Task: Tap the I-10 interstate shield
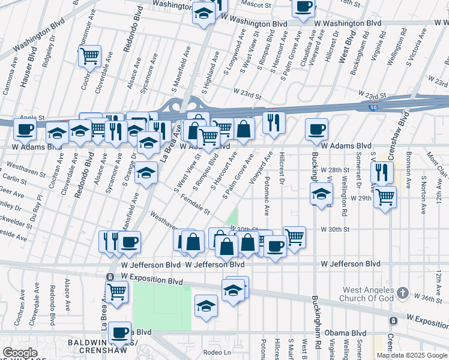(373, 107)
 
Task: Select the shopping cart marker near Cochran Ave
(89, 56)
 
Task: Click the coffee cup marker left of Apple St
(25, 128)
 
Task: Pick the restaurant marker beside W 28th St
(382, 172)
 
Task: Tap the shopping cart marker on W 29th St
(385, 196)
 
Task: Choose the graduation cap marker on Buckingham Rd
(321, 194)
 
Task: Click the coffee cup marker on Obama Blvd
(121, 331)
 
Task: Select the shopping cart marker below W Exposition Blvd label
(117, 292)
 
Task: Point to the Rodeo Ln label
(217, 352)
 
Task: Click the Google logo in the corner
(20, 353)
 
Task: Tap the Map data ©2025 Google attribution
(412, 355)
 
